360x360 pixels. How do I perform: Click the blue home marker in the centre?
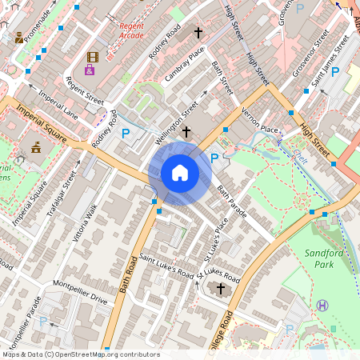coord(180,172)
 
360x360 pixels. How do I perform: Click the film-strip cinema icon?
coord(92,57)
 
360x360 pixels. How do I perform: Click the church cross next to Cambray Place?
coord(199,33)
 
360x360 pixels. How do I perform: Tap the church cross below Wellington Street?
coord(186,130)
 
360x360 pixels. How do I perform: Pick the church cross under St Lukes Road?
coord(221,288)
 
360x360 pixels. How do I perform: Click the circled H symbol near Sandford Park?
coord(322,305)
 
